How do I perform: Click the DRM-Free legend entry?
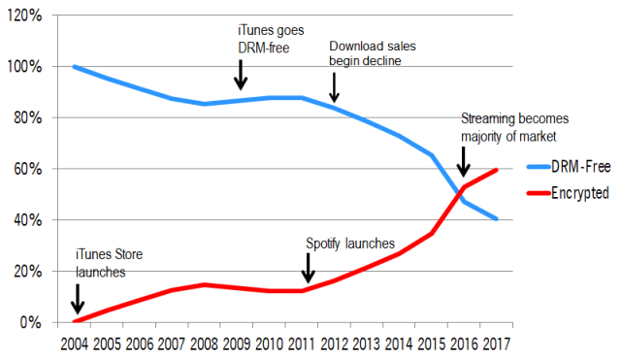coord(579,167)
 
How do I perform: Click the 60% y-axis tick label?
coord(23,169)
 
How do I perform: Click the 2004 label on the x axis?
coord(75,344)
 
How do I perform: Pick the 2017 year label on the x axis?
coord(496,344)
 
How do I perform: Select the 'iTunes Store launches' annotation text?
coord(110,265)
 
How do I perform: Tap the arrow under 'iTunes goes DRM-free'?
coord(241,73)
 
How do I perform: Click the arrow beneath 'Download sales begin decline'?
coord(335,87)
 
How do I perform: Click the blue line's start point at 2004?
coord(75,67)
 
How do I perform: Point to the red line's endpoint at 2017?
coord(496,170)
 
